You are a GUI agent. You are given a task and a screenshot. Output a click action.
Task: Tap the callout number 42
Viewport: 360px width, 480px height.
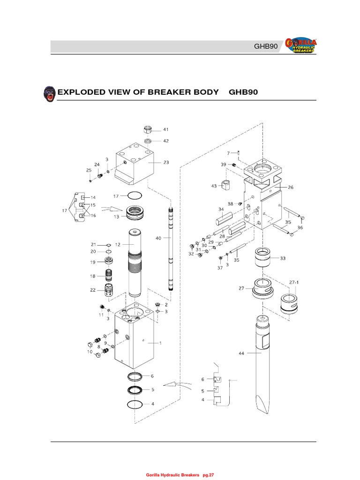165,141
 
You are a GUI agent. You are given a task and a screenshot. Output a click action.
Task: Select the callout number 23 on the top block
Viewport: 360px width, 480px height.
165,163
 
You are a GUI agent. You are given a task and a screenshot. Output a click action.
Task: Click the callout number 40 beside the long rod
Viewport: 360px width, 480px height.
158,238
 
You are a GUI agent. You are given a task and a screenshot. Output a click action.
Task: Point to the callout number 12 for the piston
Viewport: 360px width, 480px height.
118,244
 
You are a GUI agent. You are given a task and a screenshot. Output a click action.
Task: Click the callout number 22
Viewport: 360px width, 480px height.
92,290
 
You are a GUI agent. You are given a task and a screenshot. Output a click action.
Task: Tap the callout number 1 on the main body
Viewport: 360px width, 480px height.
160,343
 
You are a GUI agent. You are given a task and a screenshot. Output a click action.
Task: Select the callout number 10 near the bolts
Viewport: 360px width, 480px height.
90,352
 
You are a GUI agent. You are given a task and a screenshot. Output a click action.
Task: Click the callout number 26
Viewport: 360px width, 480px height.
290,187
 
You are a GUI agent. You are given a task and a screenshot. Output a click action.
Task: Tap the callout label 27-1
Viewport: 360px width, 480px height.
294,283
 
